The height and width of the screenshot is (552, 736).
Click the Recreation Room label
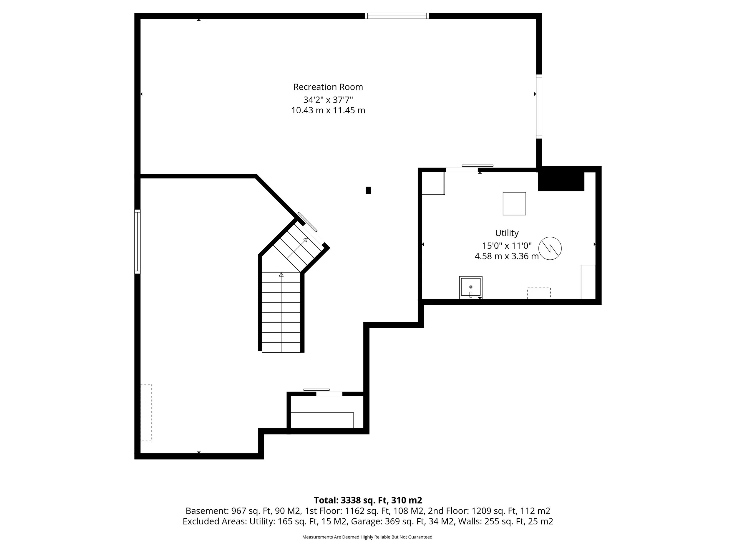[328, 87]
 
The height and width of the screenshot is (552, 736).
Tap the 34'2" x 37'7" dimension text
[328, 100]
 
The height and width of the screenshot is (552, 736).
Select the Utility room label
[506, 233]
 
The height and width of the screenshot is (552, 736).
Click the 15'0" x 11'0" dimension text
[506, 246]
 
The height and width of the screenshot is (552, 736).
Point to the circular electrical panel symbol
[550, 248]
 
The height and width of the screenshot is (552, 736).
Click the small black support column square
[368, 190]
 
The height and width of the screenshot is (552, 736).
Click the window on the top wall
[397, 16]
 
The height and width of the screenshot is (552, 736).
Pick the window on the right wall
[539, 107]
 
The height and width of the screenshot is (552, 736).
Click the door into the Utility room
[463, 170]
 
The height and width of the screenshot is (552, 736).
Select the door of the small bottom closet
[329, 394]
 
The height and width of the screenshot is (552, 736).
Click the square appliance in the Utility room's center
[514, 204]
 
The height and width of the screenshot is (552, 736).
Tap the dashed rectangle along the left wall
[146, 412]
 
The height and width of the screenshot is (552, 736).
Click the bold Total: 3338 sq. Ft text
[368, 500]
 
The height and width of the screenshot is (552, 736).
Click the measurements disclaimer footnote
[368, 537]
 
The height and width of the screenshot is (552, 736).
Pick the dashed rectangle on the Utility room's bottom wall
[539, 293]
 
